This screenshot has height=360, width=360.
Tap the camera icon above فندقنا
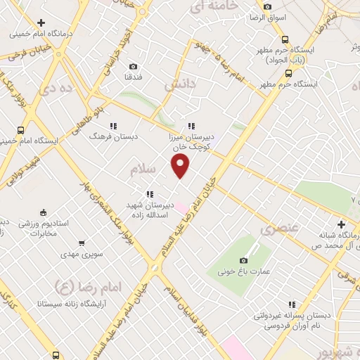(133, 66)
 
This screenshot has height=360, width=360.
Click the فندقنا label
(133, 77)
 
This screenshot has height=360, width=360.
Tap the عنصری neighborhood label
(279, 229)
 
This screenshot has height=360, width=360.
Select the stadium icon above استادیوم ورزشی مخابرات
(43, 213)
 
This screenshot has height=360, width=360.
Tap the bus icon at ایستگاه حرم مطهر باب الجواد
(285, 40)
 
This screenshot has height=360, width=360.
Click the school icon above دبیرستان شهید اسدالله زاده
(150, 194)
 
